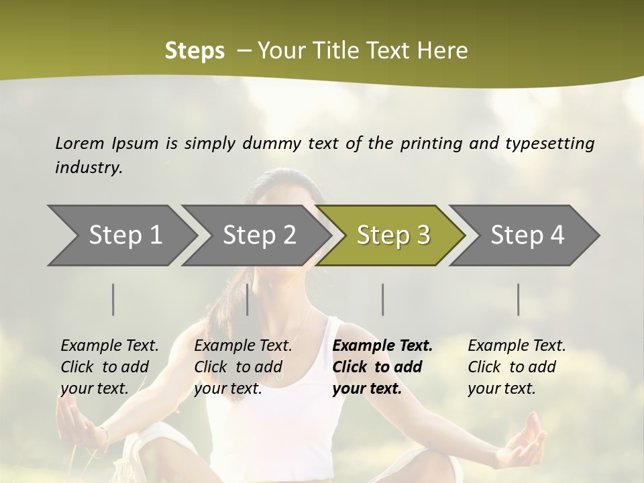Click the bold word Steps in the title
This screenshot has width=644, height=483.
pos(195,51)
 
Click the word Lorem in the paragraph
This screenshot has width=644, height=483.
pos(80,144)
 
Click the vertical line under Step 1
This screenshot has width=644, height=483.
pos(113,299)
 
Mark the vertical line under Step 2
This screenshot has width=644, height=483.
pos(248,299)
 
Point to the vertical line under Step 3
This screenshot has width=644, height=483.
pos(383,299)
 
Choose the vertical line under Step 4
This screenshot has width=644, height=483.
pos(519,299)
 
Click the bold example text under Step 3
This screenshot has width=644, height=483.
pos(382,367)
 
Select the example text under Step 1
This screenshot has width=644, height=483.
pos(109,367)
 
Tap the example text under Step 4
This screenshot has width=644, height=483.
pos(517,367)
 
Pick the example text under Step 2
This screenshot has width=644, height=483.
pos(243,367)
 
